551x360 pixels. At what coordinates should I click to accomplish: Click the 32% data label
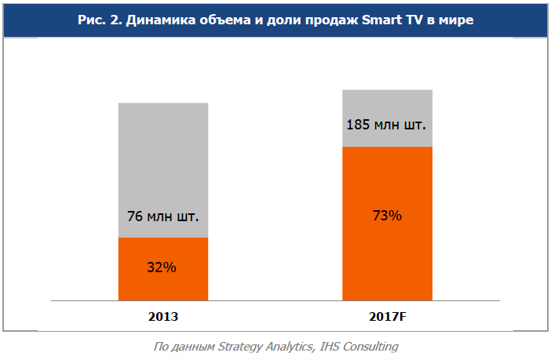tap(162, 267)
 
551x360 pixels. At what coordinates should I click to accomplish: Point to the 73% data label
tap(387, 215)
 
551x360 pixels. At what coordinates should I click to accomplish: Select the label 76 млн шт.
tap(162, 216)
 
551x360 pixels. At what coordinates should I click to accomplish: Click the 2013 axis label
tap(163, 318)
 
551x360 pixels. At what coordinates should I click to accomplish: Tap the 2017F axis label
tap(388, 318)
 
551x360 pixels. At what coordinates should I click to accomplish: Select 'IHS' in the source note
tap(333, 346)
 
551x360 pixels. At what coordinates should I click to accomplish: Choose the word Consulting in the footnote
tap(373, 346)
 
